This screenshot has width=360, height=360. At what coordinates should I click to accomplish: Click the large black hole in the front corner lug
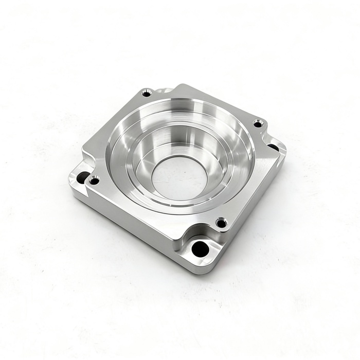coord(200,249)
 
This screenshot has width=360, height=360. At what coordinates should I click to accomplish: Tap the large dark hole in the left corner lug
coord(82,177)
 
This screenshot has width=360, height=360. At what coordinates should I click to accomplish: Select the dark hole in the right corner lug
coord(274,148)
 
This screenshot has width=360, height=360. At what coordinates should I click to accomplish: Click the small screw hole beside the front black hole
coord(221,223)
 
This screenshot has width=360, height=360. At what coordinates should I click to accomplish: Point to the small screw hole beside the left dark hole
coord(94,181)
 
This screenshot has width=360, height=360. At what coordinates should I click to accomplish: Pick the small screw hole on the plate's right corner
coord(259,123)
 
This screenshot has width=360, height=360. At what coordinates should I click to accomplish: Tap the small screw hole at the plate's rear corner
coord(147,93)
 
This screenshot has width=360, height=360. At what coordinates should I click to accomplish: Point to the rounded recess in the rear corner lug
coord(164,91)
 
